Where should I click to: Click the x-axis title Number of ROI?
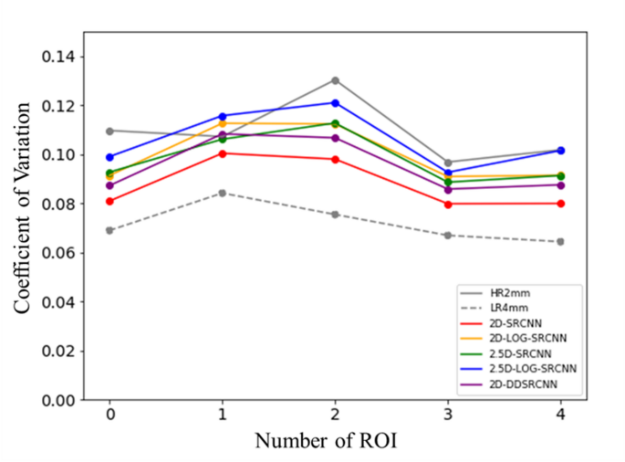click(x=326, y=441)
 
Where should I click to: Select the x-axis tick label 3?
click(x=448, y=415)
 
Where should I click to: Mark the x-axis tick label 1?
click(x=223, y=415)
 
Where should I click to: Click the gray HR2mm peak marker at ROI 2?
click(x=335, y=80)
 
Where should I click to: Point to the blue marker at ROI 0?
click(x=109, y=157)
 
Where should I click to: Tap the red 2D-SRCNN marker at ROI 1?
click(x=223, y=153)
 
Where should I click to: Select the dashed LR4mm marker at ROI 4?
click(x=560, y=242)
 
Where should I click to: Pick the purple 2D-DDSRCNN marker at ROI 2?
click(x=335, y=138)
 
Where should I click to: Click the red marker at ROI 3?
click(x=448, y=204)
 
